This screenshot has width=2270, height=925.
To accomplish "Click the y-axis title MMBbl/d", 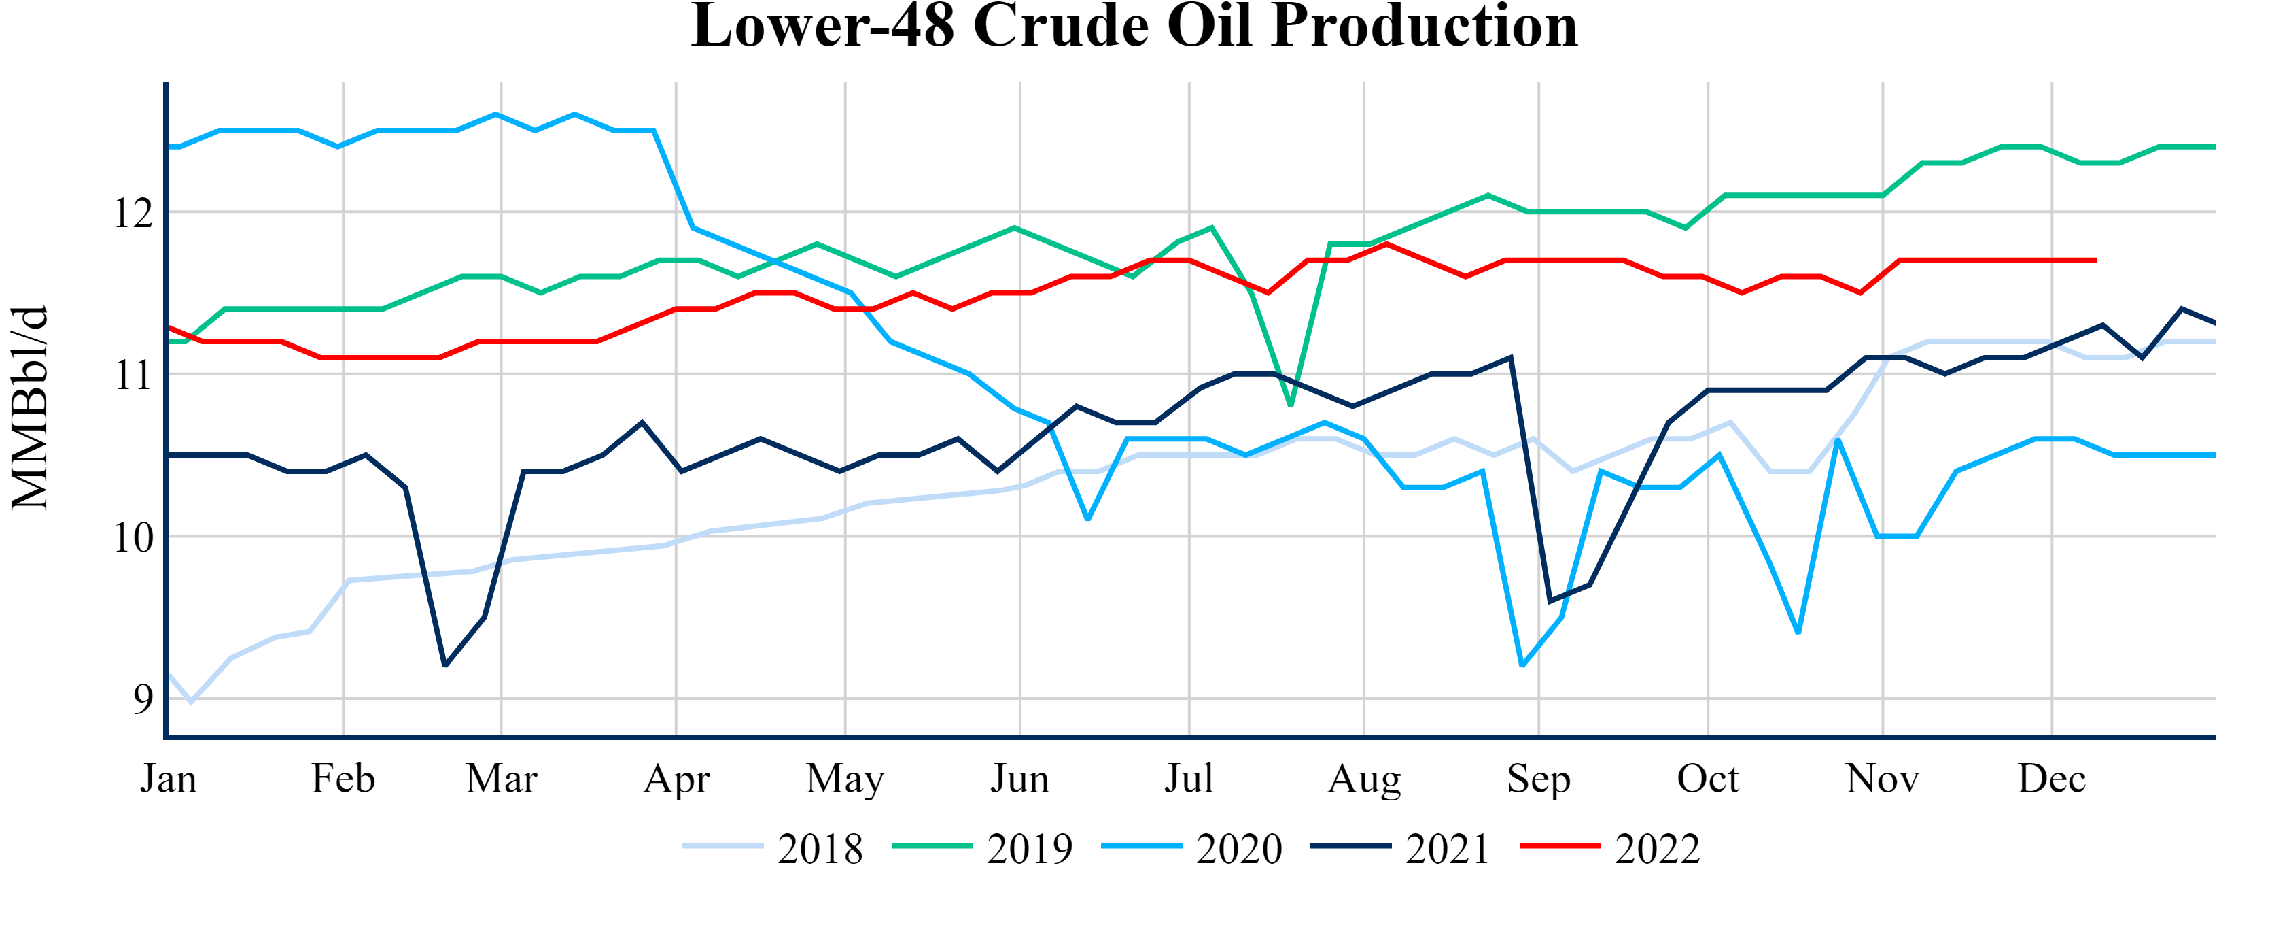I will pyautogui.click(x=30, y=407).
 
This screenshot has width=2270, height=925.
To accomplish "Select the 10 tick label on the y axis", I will pyautogui.click(x=133, y=538).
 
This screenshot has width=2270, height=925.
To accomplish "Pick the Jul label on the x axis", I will pyautogui.click(x=1189, y=779).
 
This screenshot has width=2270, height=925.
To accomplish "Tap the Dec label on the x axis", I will pyautogui.click(x=2051, y=779).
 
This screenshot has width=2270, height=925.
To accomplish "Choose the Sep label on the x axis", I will pyautogui.click(x=1539, y=779).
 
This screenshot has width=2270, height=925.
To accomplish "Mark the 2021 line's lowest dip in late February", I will pyautogui.click(x=445, y=666).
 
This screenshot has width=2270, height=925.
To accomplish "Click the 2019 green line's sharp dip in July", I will pyautogui.click(x=1291, y=405).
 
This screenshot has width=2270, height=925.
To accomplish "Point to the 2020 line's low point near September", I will pyautogui.click(x=1522, y=665).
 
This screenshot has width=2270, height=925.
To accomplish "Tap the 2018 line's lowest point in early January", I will pyautogui.click(x=191, y=702).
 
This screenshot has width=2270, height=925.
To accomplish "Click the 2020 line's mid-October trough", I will pyautogui.click(x=1798, y=633).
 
